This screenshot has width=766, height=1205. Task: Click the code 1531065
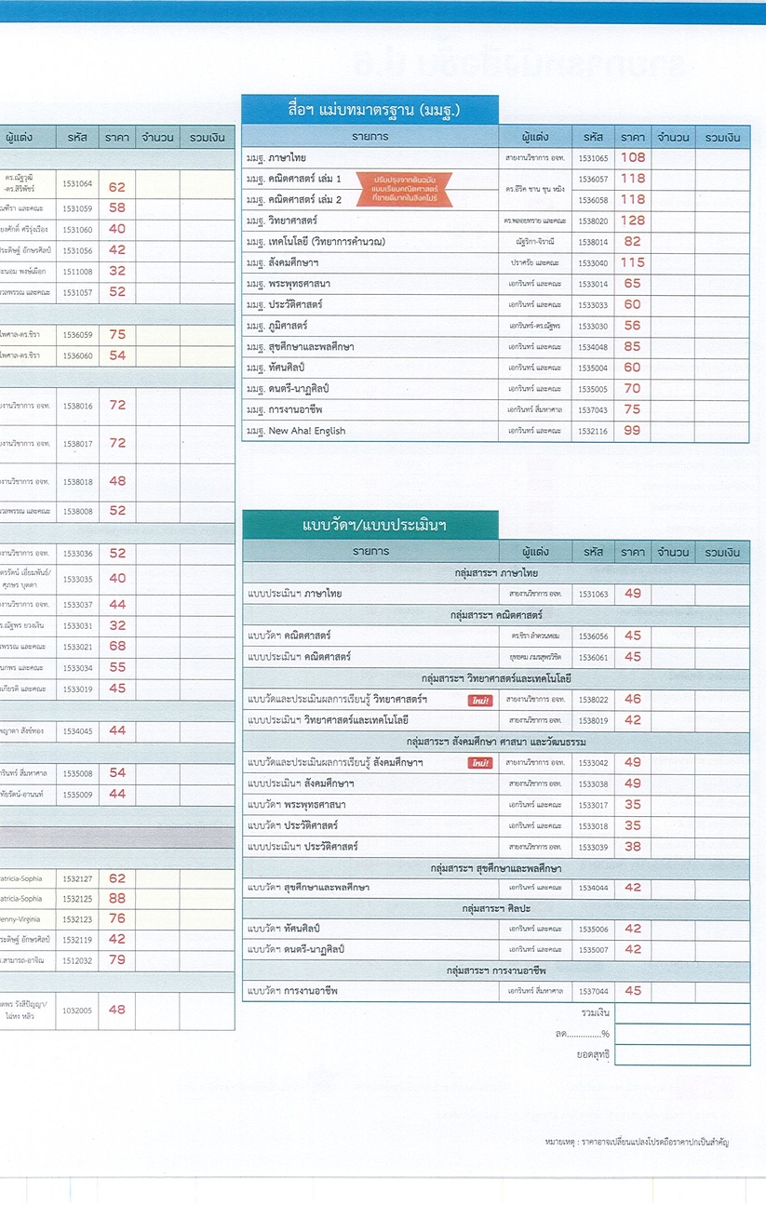click(593, 158)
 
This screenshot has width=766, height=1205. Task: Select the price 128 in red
click(633, 221)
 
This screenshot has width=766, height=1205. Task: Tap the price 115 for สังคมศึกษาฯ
click(633, 262)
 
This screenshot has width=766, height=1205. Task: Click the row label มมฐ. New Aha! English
click(296, 431)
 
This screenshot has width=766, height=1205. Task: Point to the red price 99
click(633, 431)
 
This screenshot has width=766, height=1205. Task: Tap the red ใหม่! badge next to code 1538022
click(480, 700)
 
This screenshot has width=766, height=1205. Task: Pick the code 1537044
click(593, 991)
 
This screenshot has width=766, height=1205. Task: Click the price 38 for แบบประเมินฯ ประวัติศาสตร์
click(633, 847)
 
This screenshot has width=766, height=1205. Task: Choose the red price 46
click(633, 700)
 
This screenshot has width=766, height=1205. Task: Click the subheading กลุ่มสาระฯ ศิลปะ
click(497, 908)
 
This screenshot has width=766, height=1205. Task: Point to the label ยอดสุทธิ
click(593, 1055)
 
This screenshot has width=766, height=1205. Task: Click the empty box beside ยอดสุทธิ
click(682, 1055)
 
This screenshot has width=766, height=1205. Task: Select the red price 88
click(117, 899)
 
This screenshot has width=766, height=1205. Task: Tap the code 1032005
click(77, 1010)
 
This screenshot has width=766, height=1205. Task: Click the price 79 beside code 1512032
click(117, 960)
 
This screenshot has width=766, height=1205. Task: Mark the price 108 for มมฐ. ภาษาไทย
click(633, 158)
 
